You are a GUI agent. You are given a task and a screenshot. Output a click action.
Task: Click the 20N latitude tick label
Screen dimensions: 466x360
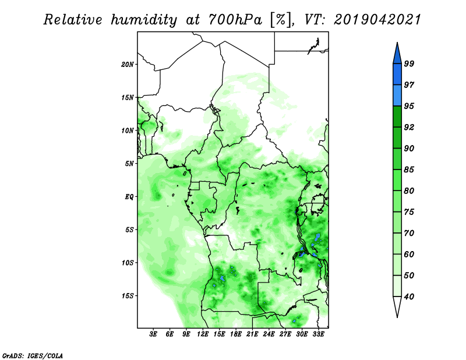click(128, 65)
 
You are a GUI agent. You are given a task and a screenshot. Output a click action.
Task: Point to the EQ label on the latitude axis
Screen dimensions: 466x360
click(129, 197)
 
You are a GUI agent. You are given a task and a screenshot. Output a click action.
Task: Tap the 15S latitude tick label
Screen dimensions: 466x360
click(128, 296)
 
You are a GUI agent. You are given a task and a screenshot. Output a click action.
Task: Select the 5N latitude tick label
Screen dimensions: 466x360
click(129, 164)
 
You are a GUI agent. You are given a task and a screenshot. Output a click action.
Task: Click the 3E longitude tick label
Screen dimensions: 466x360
click(153, 334)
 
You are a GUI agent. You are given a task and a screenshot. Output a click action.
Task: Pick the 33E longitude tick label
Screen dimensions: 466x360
click(318, 334)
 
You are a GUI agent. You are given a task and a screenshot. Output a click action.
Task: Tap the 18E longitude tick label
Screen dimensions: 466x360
click(236, 334)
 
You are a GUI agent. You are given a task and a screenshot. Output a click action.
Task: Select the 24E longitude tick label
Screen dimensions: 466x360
click(269, 334)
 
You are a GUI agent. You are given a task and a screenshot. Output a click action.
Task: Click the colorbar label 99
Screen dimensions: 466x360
click(409, 63)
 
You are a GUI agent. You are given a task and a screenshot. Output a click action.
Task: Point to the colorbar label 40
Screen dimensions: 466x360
click(409, 297)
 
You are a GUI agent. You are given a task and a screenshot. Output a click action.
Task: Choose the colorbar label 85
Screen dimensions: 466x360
click(409, 170)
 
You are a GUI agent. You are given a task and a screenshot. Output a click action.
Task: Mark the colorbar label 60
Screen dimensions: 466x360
click(409, 254)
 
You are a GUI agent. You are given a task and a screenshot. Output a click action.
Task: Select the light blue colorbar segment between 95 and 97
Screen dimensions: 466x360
click(397, 96)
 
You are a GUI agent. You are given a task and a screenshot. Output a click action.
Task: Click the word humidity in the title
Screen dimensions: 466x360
click(144, 20)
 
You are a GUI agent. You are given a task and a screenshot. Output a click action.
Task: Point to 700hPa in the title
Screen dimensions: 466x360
click(235, 20)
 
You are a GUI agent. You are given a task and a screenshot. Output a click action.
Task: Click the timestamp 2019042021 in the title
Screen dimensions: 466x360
click(377, 20)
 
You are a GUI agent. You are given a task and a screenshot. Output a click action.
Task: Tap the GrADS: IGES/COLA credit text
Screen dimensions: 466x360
click(33, 355)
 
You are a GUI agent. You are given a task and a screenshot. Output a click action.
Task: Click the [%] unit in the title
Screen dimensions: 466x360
click(281, 20)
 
